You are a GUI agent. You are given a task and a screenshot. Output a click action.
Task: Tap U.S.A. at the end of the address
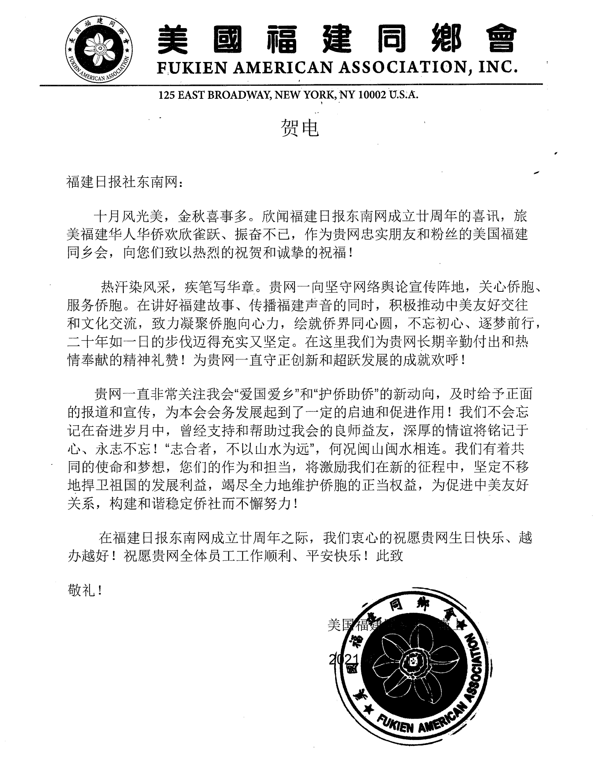tap(403, 95)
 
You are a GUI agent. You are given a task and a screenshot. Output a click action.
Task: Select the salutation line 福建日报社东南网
tap(122, 182)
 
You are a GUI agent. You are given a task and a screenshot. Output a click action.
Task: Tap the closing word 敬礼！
tap(84, 591)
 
